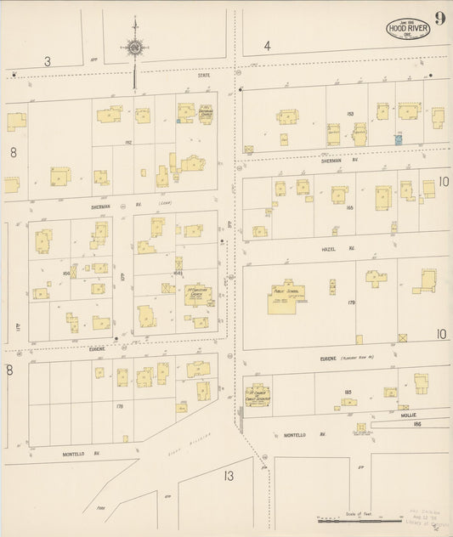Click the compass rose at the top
(x=134, y=48)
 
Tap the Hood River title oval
(x=408, y=29)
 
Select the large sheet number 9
(x=439, y=19)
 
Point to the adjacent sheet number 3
(x=48, y=61)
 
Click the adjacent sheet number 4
(x=267, y=46)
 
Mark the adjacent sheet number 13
(x=229, y=476)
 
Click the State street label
(x=204, y=76)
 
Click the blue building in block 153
(x=397, y=138)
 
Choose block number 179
(x=349, y=302)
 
